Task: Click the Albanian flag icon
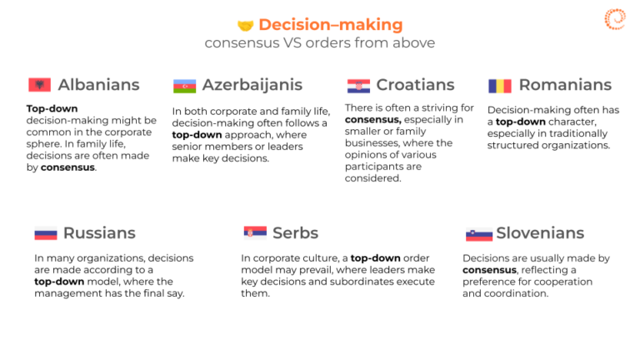pos(40,85)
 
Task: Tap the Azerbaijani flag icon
pos(184,86)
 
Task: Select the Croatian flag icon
pos(359,86)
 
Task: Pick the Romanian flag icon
pos(500,86)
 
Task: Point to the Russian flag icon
pos(46,233)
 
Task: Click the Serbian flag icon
pos(255,232)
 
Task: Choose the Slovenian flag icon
pos(479,234)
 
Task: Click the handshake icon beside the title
pos(246,26)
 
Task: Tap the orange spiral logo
pos(615,19)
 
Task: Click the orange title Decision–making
pos(331,24)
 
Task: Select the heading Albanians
pos(99,85)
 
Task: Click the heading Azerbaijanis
pos(252,85)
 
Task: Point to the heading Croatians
pos(415,85)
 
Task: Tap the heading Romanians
pos(565,85)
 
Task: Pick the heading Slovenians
pos(540,233)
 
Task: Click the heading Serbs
pos(296,233)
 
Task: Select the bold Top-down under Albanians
pos(52,109)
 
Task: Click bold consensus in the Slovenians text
pos(489,270)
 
